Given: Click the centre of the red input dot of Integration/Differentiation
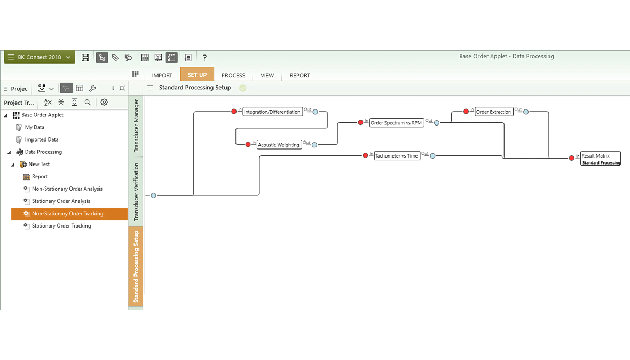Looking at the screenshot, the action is click(234, 111).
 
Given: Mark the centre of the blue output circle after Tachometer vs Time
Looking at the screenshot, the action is click(432, 156).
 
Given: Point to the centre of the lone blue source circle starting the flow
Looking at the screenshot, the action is click(153, 195).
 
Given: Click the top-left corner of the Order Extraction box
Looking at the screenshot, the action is click(475, 107).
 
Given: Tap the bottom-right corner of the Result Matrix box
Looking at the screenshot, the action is click(621, 165).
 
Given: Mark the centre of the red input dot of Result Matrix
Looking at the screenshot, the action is click(571, 158).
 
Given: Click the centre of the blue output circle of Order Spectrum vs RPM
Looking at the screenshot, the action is click(437, 123).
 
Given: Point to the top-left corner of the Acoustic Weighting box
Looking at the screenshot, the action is click(257, 140).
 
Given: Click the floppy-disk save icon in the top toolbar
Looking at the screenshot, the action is click(85, 58).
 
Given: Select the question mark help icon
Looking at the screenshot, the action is click(204, 58).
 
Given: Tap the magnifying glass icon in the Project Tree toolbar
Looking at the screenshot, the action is click(88, 103).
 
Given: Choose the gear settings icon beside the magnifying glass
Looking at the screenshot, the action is click(104, 103).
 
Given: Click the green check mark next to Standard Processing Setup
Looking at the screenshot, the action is click(243, 88).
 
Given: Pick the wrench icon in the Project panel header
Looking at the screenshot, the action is click(92, 88).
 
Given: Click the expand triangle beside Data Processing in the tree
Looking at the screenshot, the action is click(9, 152).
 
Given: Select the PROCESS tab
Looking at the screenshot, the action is click(233, 75).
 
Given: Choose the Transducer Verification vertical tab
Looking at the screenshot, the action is click(136, 192).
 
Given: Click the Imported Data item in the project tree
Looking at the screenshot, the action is click(42, 139).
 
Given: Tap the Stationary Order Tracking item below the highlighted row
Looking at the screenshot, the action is click(61, 226).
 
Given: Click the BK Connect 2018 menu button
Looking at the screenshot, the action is click(40, 57).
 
